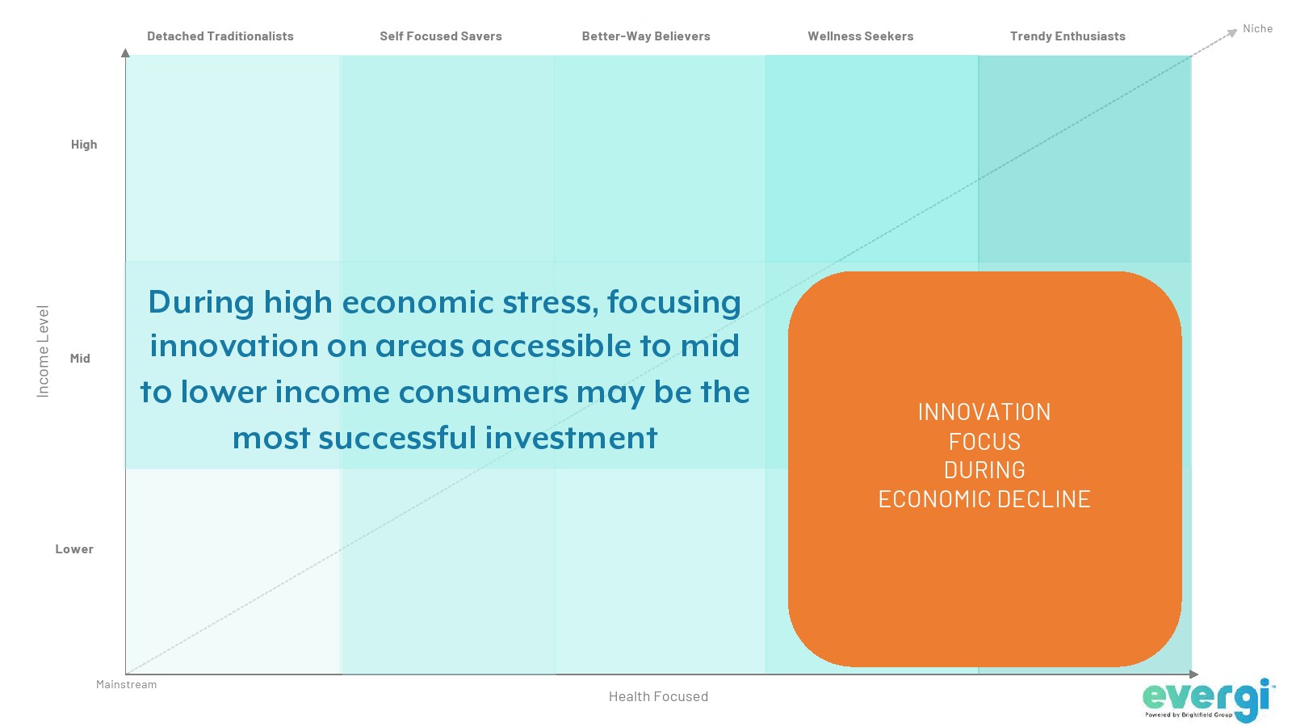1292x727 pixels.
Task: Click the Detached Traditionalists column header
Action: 220,36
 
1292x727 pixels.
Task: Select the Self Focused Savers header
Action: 441,36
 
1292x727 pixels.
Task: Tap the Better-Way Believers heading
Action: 646,36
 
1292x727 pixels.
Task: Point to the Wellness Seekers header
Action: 861,36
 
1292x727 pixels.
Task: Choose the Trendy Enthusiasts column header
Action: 1068,36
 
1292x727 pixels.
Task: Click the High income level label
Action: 84,145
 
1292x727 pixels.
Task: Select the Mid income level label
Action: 80,359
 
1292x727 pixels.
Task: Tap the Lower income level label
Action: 74,548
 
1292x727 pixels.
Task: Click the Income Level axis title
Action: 43,351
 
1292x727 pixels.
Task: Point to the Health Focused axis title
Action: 659,696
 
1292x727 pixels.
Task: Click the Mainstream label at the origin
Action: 126,684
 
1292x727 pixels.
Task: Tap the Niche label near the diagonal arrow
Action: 1257,28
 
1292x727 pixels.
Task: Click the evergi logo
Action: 1209,700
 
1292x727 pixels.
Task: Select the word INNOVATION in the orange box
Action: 984,412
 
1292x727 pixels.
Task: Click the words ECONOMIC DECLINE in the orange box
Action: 984,499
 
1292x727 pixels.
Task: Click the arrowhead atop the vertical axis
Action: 125,53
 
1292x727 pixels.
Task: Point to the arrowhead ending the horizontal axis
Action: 1194,674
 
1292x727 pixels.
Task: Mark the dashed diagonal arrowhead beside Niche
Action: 1232,32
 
